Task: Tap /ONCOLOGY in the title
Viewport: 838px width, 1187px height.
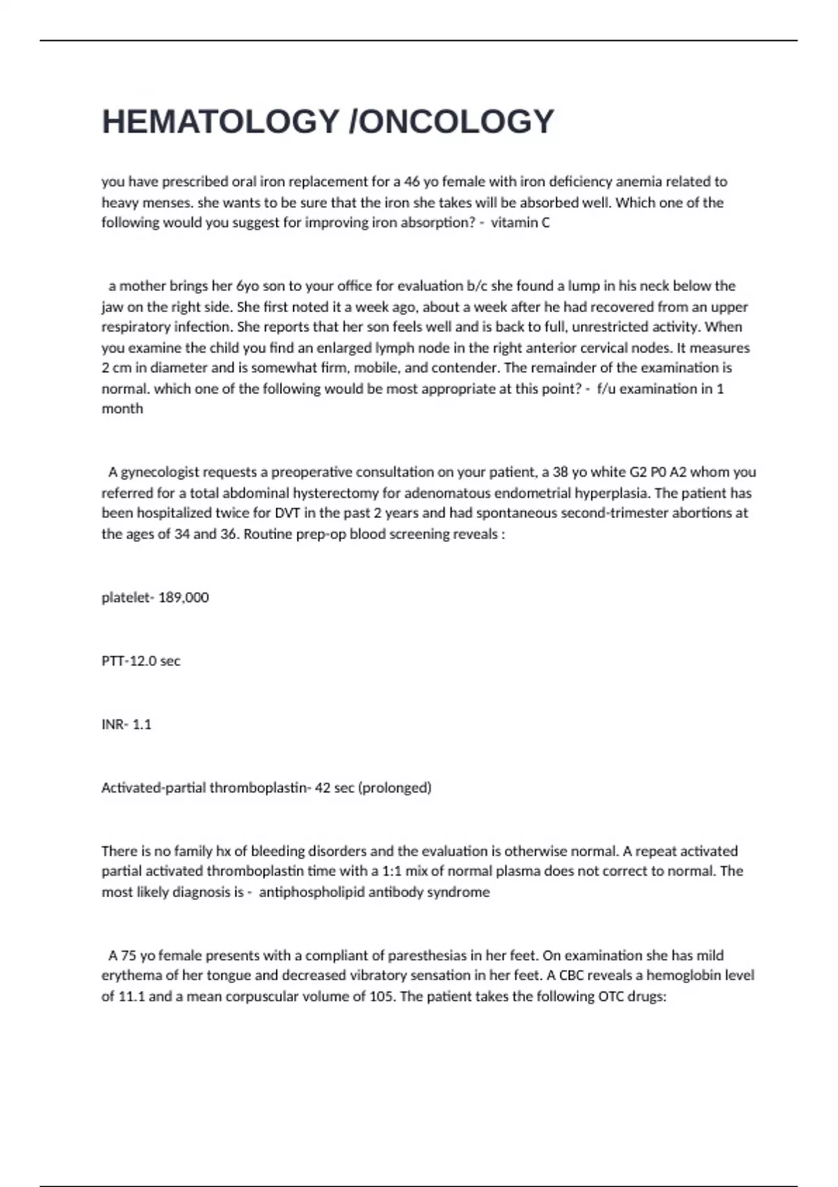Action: pyautogui.click(x=451, y=121)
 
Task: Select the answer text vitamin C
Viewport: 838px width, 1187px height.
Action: pyautogui.click(x=520, y=223)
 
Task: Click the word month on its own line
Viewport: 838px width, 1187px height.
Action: pyautogui.click(x=122, y=408)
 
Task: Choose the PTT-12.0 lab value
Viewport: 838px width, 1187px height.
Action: pyautogui.click(x=140, y=661)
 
